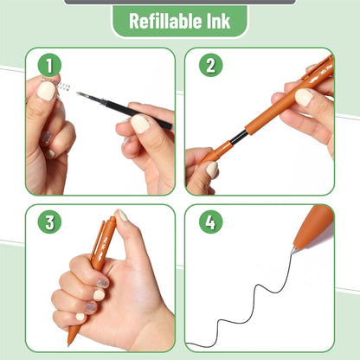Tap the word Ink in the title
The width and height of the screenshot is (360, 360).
(218, 21)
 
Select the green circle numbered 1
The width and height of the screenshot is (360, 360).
(50, 65)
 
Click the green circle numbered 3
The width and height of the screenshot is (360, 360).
(50, 222)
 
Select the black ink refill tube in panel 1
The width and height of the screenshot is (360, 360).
(130, 112)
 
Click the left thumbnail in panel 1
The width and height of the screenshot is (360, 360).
(45, 91)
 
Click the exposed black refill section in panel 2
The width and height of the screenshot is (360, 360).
(236, 137)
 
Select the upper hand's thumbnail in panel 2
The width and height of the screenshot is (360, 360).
(304, 97)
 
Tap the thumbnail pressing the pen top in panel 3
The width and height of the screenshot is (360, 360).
(123, 215)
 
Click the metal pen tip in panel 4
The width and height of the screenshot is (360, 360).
(294, 249)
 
